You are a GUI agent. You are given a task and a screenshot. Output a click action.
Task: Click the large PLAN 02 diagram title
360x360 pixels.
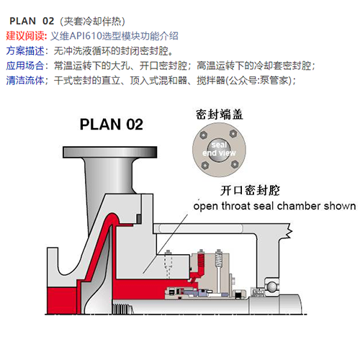(x=112, y=125)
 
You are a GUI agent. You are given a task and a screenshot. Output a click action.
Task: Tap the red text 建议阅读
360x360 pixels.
(x=25, y=36)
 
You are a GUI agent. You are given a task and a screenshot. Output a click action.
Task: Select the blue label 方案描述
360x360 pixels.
(x=25, y=51)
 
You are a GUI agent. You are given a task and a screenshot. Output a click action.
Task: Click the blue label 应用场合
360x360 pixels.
(x=25, y=66)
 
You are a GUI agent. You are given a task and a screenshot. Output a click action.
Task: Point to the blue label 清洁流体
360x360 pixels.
(x=25, y=81)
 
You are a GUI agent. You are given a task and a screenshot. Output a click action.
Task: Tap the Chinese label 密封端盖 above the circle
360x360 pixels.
(x=220, y=114)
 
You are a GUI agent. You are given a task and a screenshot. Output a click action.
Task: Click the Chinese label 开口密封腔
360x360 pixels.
(x=250, y=191)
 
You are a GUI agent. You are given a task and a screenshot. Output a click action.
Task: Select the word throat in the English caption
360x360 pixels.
(x=236, y=206)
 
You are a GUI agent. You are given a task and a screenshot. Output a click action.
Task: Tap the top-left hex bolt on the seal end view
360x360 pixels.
(x=204, y=135)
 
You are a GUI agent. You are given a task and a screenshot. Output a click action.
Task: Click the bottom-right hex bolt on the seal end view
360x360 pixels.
(x=235, y=164)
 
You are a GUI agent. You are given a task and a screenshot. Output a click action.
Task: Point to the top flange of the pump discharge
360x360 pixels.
(x=110, y=152)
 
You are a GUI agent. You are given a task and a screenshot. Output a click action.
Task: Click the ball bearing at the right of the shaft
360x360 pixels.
(x=272, y=286)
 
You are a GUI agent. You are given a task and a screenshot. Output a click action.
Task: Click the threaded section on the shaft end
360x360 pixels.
(x=122, y=309)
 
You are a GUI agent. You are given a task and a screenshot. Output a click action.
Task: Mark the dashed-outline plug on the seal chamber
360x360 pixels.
(x=168, y=264)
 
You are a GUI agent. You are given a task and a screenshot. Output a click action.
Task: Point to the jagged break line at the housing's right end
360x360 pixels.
(x=289, y=231)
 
